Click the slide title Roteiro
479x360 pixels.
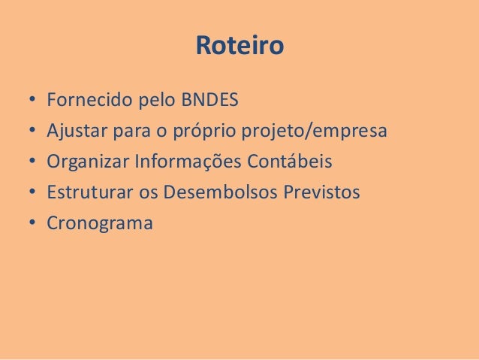click(239, 47)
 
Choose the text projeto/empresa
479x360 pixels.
click(313, 132)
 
